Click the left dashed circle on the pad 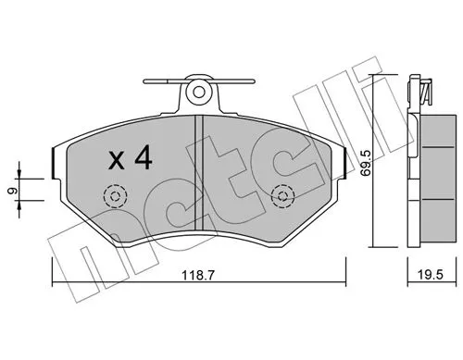coord(116,196)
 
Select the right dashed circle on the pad coord(283,196)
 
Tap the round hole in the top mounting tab coord(197,92)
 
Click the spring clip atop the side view coord(425,91)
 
